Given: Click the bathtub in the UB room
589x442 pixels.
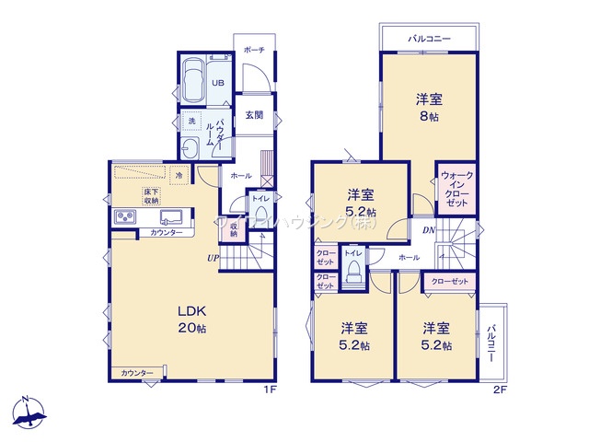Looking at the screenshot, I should pyautogui.click(x=193, y=82).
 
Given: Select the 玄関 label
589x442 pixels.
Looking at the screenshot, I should pyautogui.click(x=255, y=115).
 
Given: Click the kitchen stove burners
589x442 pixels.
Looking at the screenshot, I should pyautogui.click(x=124, y=216).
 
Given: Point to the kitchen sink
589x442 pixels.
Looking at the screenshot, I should pyautogui.click(x=172, y=216).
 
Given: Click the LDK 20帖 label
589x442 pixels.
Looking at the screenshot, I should pyautogui.click(x=193, y=317).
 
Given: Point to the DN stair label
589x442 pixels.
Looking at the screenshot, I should pyautogui.click(x=428, y=230).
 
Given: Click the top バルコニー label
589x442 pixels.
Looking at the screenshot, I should pyautogui.click(x=428, y=40).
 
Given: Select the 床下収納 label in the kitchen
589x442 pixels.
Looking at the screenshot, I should pyautogui.click(x=151, y=195).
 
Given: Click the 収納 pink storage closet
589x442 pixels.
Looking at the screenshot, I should pyautogui.click(x=235, y=227).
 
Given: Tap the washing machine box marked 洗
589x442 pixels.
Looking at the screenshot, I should pyautogui.click(x=192, y=121).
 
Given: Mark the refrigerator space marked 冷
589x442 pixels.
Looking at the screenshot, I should pyautogui.click(x=178, y=174).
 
